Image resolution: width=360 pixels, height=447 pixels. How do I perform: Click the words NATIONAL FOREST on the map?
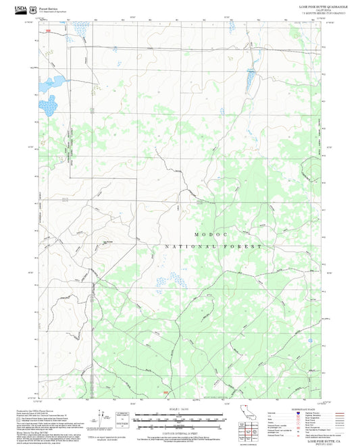tap(213, 247)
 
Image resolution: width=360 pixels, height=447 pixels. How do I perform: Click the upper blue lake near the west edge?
tap(53, 83)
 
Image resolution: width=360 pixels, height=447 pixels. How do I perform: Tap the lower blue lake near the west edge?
tap(48, 104)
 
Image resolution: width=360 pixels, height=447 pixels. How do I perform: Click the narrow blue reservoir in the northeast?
tap(251, 80)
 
